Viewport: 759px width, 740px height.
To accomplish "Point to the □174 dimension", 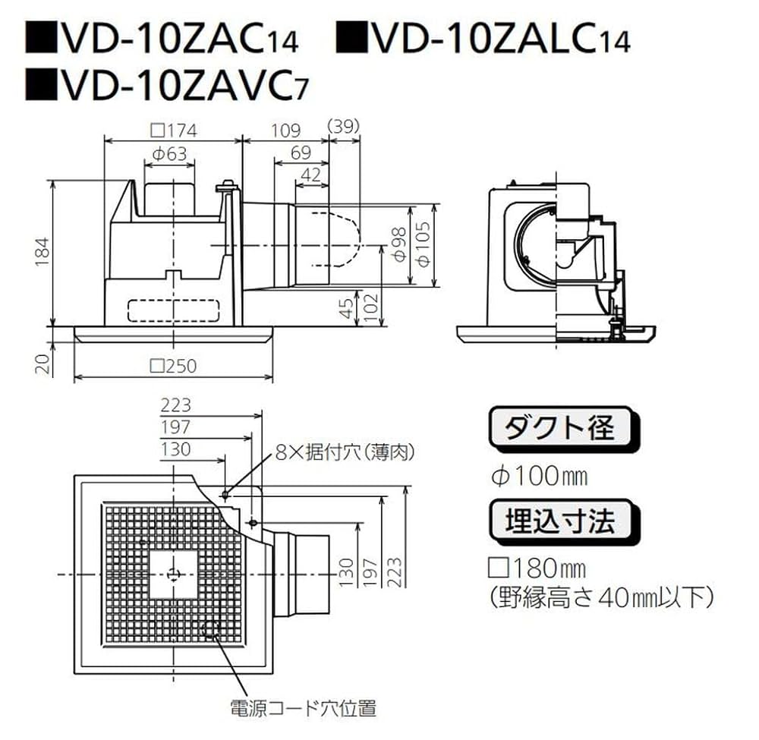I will [173, 130].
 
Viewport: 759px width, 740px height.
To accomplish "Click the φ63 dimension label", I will [168, 153].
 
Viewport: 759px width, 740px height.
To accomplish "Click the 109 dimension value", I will [285, 130].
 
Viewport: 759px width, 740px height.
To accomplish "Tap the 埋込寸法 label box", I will [561, 522].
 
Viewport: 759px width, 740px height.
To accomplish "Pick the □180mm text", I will [538, 568].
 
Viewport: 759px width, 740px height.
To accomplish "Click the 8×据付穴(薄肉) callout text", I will [345, 454].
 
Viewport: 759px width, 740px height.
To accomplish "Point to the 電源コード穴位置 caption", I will [303, 709].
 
